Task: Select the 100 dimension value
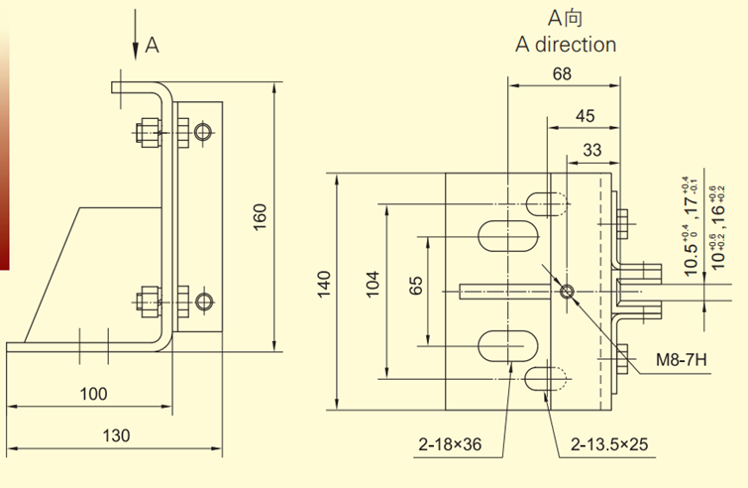(x=93, y=394)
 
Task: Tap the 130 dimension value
(x=117, y=435)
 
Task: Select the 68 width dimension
(x=563, y=73)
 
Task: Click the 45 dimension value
(x=585, y=115)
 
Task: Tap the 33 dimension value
(x=592, y=150)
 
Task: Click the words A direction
(x=566, y=45)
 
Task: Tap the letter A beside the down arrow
(x=152, y=45)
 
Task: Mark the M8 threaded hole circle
(x=566, y=292)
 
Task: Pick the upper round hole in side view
(x=204, y=132)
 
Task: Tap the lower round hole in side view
(x=204, y=300)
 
